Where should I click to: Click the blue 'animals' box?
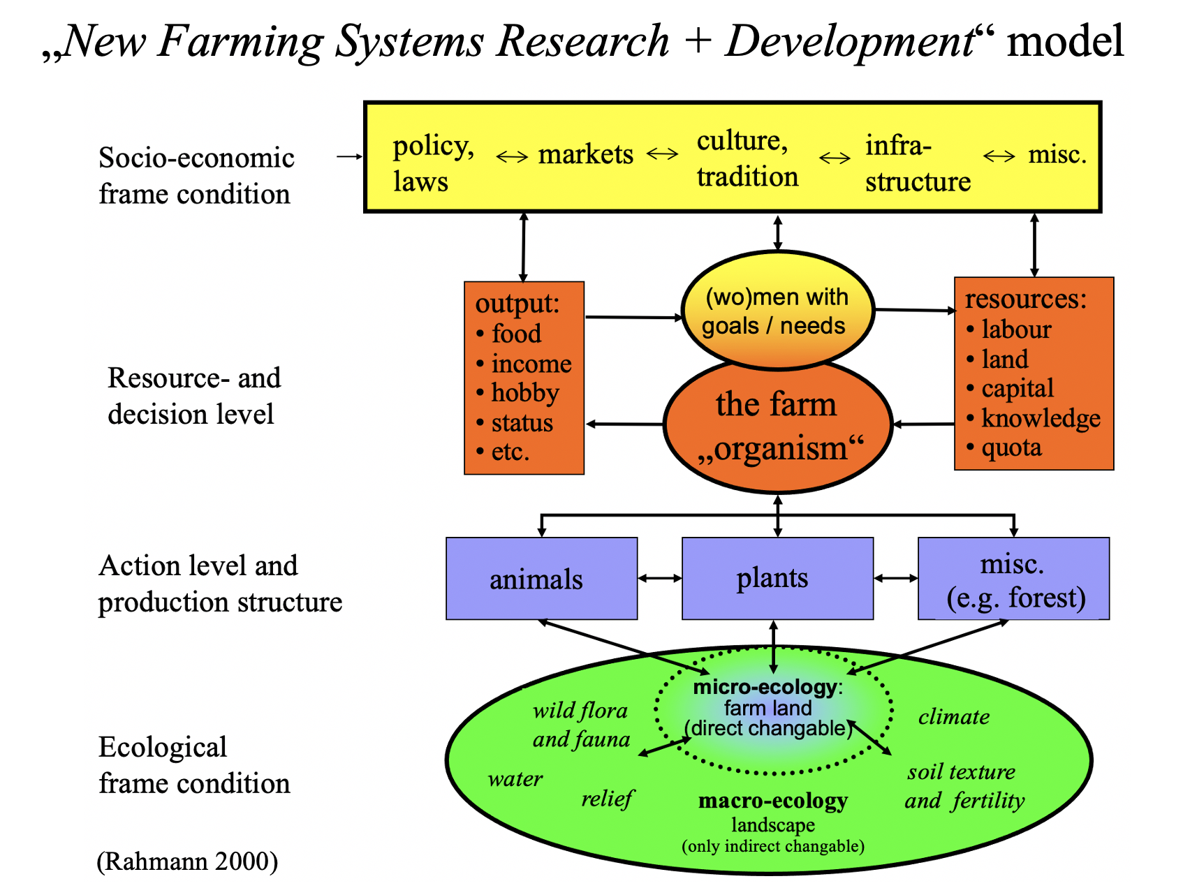pos(541,579)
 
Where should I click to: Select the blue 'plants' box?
pos(777,578)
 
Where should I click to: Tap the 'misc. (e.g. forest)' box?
pos(1013,579)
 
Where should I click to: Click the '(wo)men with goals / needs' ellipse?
pos(777,311)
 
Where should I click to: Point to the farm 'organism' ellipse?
pos(777,426)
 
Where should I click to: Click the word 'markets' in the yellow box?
pos(585,154)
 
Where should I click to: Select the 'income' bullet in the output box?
pos(531,364)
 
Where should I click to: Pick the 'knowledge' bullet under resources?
pos(1040,418)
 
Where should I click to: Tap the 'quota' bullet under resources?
pos(1011,447)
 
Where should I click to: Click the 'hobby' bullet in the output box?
pos(524,393)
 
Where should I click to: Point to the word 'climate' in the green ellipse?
pos(953,717)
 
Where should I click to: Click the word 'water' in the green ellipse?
pos(515,778)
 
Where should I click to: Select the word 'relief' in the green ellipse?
pos(606,798)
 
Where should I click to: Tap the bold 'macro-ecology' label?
pos(772,801)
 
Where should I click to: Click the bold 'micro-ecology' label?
pos(764,687)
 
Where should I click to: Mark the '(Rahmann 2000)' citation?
pos(187,861)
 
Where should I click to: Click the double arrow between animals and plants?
pos(659,578)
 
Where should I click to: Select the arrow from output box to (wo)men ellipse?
pos(633,318)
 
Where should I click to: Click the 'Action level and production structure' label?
pos(220,584)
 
